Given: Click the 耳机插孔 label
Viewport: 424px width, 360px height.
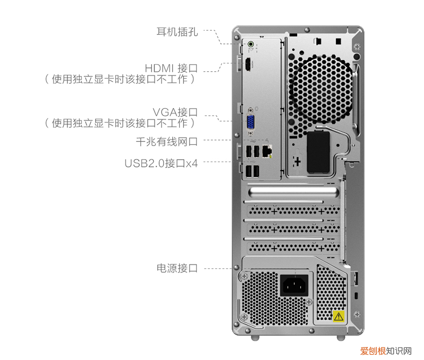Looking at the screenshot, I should point(177,32).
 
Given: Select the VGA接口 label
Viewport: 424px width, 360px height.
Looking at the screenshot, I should point(175,112).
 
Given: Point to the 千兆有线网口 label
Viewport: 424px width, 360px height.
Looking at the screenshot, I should point(166,141).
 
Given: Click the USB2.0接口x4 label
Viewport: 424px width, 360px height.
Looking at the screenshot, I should point(161,164).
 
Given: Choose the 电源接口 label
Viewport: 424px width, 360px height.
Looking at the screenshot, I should point(177,268).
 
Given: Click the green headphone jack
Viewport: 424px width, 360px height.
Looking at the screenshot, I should point(251,45).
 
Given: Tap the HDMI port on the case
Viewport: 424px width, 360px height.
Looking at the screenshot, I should point(249,65).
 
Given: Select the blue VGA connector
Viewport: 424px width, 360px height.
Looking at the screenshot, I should point(250,123).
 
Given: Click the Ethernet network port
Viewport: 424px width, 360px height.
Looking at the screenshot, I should point(268,151).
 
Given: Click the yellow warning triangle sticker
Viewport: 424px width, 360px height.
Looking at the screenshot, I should point(338,316).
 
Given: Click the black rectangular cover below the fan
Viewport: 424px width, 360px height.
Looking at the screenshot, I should point(319,152).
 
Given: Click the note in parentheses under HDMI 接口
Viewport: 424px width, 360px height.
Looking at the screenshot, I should point(120,79).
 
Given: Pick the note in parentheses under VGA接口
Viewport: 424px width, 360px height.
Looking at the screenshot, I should point(120,123).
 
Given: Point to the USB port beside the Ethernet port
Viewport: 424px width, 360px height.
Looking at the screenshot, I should point(257,152).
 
